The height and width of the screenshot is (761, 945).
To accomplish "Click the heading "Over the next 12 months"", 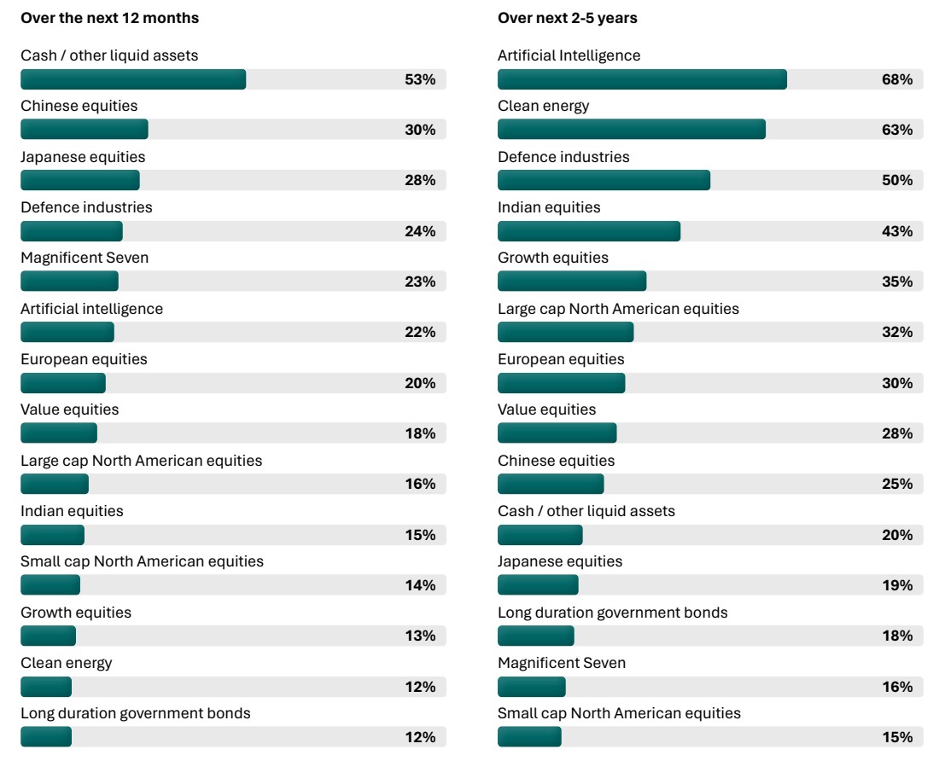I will coord(109,18).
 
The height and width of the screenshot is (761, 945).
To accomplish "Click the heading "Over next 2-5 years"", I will coord(567,18).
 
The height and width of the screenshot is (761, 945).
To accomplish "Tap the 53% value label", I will coord(420,79).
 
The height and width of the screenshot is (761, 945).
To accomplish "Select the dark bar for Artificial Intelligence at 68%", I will coord(642,79).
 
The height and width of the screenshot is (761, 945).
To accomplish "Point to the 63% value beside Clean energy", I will coord(897,130).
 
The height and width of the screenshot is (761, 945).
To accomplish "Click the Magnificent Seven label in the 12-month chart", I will coord(85,258).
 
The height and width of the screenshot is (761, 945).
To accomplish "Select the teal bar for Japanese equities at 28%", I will coord(80,180).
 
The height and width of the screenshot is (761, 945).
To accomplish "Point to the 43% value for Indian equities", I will coord(897,231).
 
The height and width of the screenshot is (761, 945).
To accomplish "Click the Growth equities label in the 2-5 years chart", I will coord(553,258).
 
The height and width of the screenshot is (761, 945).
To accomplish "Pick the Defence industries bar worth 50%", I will coord(604,180).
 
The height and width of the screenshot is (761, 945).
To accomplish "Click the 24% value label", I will coord(420,231).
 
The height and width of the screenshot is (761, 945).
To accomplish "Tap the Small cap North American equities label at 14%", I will coord(142,561).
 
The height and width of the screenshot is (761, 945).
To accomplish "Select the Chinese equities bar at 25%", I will coord(551,484).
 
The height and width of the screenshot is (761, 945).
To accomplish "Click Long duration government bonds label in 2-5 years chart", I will coord(613,613).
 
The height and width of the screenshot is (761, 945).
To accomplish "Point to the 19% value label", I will coord(897,585).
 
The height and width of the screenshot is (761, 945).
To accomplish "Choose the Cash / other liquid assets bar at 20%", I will coord(540,535).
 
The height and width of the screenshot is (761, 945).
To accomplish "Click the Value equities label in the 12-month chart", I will coord(70,410).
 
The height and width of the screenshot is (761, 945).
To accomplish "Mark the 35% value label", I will coord(897,282).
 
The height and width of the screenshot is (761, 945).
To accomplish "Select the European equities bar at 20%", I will coord(63,383).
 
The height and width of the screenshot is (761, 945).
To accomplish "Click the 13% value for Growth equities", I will coord(420,636).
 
